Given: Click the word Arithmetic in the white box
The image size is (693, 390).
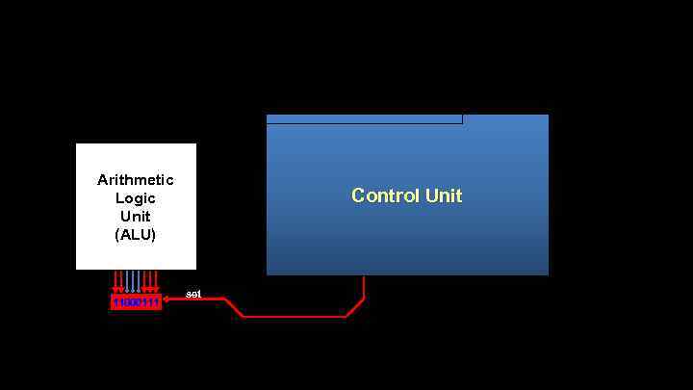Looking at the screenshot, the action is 136,180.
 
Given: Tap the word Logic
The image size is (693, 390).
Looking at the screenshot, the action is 136,198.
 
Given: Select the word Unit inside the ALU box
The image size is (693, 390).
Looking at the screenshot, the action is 136,216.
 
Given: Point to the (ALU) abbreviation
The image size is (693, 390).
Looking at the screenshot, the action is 136,234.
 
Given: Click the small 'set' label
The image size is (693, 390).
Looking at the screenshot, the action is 193,293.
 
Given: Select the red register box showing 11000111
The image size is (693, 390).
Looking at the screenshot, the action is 136,302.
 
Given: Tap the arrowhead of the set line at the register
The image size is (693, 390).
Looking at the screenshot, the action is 167,299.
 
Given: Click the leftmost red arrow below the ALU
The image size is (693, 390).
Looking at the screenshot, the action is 116,281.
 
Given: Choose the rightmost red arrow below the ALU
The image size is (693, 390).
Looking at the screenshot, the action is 156,281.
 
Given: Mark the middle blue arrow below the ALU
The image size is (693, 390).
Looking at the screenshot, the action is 136,281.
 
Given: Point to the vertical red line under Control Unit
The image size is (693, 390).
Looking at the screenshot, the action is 364,286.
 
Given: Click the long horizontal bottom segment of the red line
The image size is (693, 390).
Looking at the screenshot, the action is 294,316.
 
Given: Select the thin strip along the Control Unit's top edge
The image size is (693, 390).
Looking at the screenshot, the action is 364,119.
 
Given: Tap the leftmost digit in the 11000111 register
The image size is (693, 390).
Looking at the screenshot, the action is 115,302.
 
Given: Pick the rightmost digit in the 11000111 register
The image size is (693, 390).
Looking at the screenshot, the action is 157,302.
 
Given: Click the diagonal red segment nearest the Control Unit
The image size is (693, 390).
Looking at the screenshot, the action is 354,307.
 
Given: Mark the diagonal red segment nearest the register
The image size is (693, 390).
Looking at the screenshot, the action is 233,307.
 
